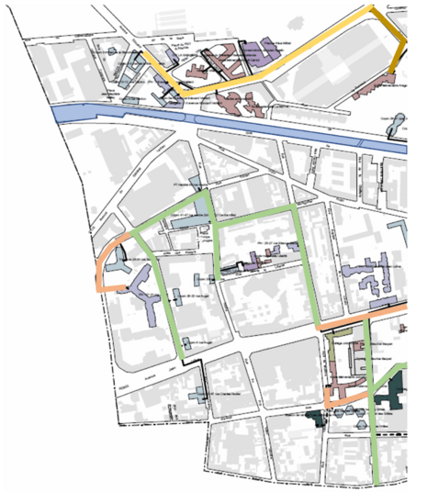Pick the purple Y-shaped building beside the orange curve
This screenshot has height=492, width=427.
tap(142, 290)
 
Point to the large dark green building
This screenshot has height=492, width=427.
tap(399, 390)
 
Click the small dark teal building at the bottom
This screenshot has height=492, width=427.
tap(318, 418)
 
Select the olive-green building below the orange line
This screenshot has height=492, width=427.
tap(329, 350)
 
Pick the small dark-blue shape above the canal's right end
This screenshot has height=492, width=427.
tap(399, 120)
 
